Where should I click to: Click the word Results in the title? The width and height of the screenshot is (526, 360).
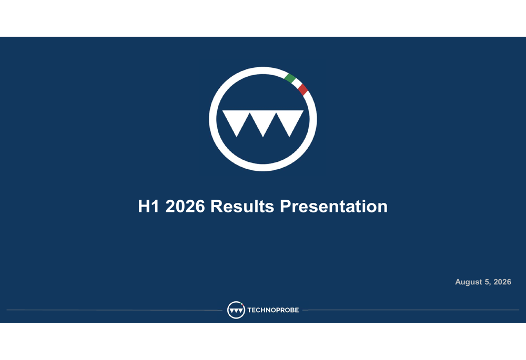pos(242,206)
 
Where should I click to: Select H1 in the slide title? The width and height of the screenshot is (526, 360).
pos(148,206)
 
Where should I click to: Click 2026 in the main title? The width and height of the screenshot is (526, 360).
pos(185,206)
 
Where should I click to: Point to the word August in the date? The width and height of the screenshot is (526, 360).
pos(468,282)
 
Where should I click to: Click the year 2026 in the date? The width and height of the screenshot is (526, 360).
pos(502,282)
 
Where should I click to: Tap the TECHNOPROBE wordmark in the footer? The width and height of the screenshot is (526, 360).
pos(273,310)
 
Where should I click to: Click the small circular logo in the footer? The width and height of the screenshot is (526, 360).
pos(236,310)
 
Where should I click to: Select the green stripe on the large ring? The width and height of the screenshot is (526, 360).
pos(290,78)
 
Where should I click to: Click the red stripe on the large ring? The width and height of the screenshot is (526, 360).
pos(302,90)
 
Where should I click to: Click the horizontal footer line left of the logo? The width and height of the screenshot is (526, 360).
pos(114,310)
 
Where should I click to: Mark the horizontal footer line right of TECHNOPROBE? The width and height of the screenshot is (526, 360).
pos(411,310)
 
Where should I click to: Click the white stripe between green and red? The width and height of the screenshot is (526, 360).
pos(297,84)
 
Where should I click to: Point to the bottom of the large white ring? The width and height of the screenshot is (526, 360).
pos(263,168)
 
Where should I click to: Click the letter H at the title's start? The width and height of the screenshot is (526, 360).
pos(144,206)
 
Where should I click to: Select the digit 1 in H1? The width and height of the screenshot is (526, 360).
pos(155,206)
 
